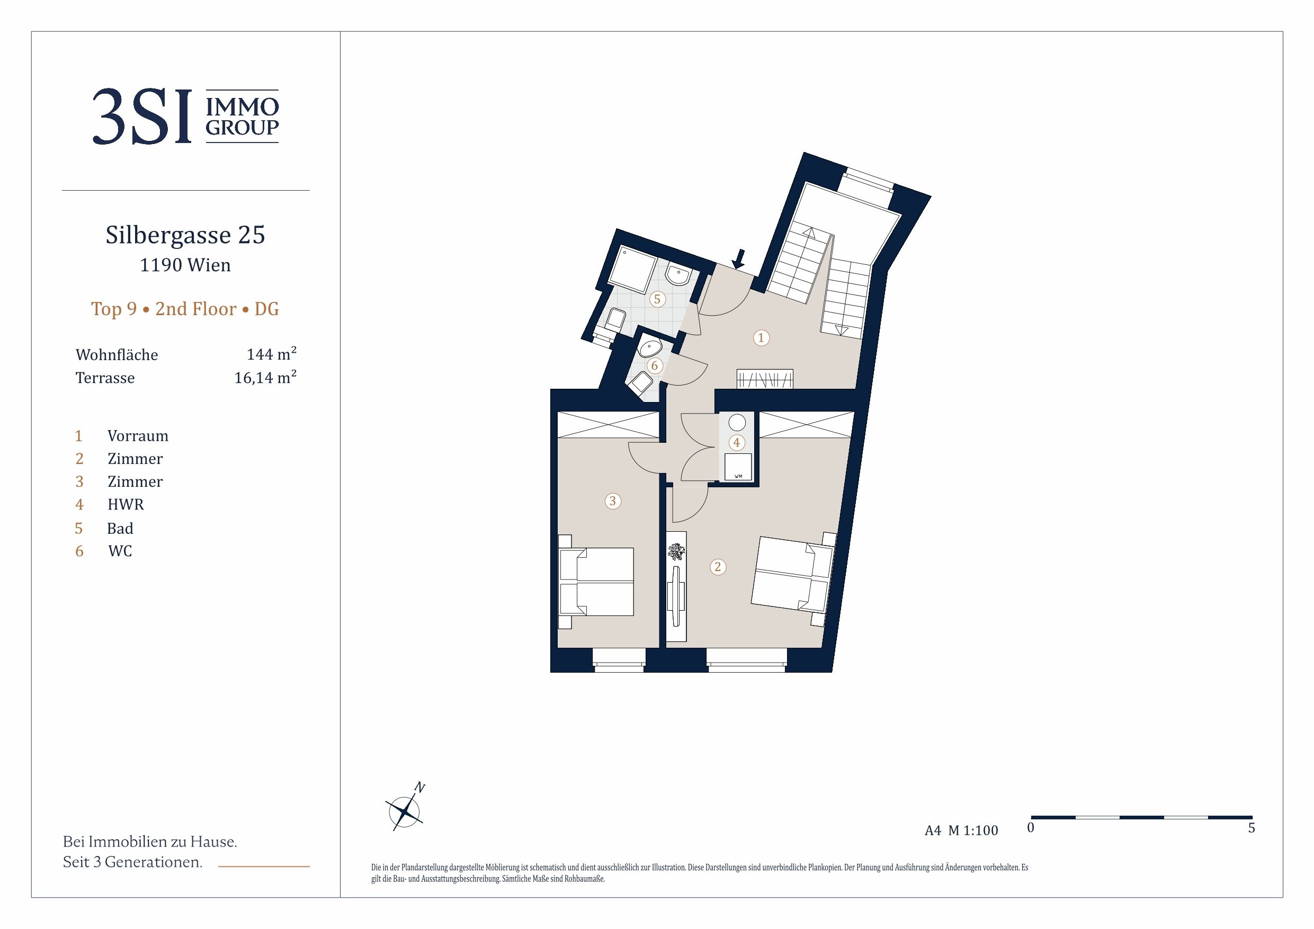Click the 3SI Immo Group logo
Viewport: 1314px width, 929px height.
pyautogui.click(x=185, y=116)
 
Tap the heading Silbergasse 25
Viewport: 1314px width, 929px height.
pyautogui.click(x=185, y=235)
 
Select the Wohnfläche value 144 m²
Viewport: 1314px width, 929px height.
pyautogui.click(x=271, y=353)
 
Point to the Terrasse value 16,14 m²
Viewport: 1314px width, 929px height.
pyautogui.click(x=265, y=377)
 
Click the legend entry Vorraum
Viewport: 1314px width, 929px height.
pyautogui.click(x=138, y=436)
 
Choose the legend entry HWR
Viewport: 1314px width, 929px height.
pyautogui.click(x=126, y=504)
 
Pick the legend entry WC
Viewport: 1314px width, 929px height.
pyautogui.click(x=120, y=551)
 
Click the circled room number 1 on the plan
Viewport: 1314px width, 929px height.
pyautogui.click(x=761, y=338)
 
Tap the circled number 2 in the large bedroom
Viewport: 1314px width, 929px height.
pyautogui.click(x=718, y=567)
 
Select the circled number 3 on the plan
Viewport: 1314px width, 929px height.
pyautogui.click(x=612, y=501)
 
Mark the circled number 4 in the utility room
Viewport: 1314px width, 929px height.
pyautogui.click(x=737, y=442)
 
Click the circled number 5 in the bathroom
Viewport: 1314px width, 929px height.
pyautogui.click(x=657, y=299)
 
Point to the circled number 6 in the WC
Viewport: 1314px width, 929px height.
pyautogui.click(x=655, y=365)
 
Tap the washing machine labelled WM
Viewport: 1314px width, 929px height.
pyautogui.click(x=738, y=467)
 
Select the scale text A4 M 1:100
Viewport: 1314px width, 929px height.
pyautogui.click(x=961, y=830)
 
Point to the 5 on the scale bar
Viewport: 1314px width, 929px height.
pyautogui.click(x=1252, y=828)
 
